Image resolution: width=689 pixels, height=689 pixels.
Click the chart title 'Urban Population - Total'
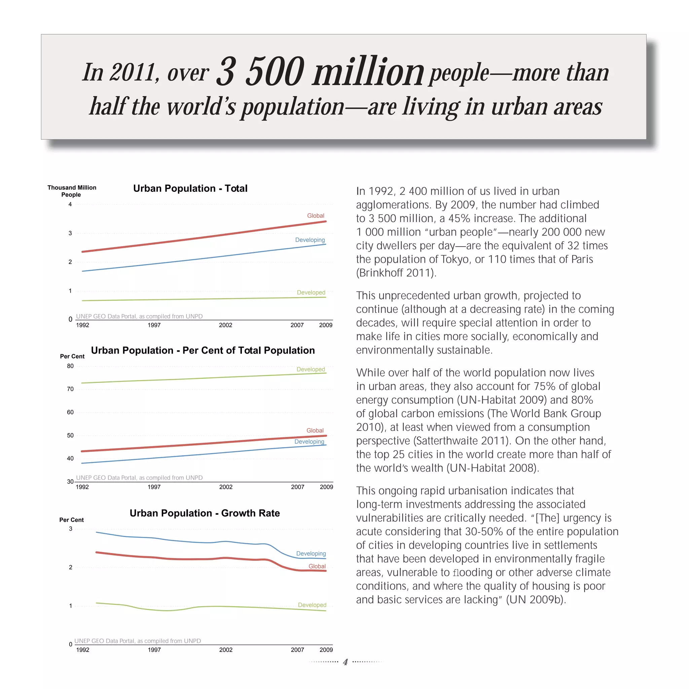point(190,188)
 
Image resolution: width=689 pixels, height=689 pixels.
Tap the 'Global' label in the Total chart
point(315,216)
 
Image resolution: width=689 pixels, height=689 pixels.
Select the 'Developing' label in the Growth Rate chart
point(311,553)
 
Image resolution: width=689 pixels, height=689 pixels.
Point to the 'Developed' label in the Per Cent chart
point(310,369)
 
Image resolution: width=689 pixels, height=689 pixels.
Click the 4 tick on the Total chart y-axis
point(70,204)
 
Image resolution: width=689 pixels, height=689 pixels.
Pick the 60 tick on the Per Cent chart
point(70,412)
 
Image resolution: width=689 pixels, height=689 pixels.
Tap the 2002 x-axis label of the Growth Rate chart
point(226,650)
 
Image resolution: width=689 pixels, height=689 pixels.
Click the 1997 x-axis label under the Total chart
point(154,325)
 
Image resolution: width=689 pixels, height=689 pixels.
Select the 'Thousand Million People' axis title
point(72,191)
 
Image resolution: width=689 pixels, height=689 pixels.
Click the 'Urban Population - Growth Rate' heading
point(204,513)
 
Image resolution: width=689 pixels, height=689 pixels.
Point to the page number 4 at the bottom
point(345,662)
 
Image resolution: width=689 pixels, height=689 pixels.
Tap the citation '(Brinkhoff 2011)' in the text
point(396,273)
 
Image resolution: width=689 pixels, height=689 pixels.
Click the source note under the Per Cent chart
point(139,478)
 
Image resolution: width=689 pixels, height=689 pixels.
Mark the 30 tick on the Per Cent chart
point(70,482)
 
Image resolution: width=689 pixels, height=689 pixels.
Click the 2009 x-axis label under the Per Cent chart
point(326,487)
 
